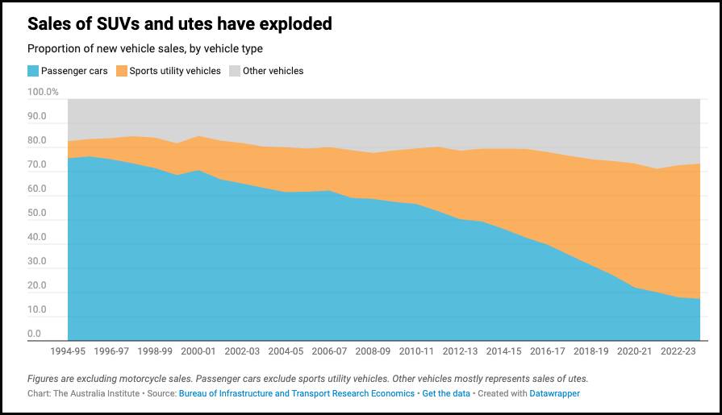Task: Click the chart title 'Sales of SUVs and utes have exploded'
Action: [180, 24]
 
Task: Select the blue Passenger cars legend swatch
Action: [33, 71]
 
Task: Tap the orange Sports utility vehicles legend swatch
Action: [122, 71]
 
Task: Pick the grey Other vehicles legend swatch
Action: [235, 71]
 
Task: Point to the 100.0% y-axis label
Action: [44, 92]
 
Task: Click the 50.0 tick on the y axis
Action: [37, 213]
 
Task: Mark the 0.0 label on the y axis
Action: [35, 334]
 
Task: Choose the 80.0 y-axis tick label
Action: [37, 140]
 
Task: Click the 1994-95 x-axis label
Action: [68, 351]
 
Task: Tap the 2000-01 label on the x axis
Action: [198, 351]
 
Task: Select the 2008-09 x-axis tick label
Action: [373, 351]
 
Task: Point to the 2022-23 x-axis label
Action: [678, 351]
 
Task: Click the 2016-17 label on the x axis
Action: [548, 351]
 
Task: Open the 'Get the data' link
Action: [446, 393]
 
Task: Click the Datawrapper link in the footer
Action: [553, 393]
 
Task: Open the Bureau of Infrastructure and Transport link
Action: [296, 393]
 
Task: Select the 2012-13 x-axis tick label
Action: [461, 351]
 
